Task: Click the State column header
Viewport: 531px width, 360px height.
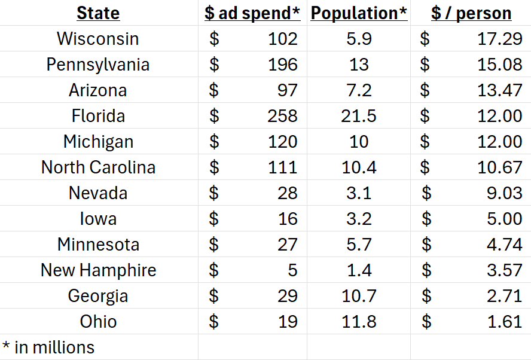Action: pos(98,13)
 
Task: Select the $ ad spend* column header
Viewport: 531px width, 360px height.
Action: pos(252,13)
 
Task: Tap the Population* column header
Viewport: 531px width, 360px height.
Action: pos(359,13)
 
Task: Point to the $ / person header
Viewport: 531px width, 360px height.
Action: pos(471,13)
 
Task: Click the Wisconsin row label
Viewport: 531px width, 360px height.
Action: pos(98,39)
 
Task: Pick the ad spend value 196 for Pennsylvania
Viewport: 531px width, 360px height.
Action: pos(282,65)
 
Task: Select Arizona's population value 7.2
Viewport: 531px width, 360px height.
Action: pos(359,90)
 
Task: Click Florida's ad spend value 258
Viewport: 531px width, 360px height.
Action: pos(282,116)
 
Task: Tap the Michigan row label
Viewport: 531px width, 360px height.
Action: pos(98,142)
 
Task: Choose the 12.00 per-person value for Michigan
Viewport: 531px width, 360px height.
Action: pos(499,142)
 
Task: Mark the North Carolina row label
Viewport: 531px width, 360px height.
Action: pos(98,167)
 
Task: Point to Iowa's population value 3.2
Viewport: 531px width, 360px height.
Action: pos(359,219)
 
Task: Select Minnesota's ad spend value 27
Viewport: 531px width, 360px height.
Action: pos(287,245)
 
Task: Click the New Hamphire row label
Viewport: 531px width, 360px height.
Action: pos(98,270)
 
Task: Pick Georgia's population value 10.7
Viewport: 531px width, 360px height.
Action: pos(359,296)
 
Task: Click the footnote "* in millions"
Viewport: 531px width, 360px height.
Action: pos(48,347)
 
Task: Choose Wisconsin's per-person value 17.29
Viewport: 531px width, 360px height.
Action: pos(499,39)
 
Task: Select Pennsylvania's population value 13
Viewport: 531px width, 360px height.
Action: pos(359,65)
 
